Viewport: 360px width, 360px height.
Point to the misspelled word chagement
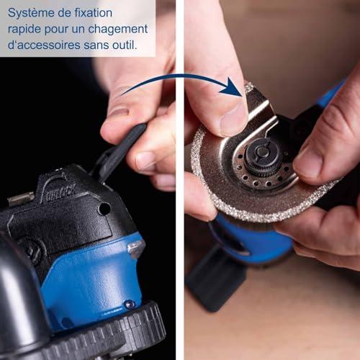[118, 30]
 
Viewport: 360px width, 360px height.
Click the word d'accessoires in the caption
[44, 45]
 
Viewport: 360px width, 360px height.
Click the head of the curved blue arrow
[231, 87]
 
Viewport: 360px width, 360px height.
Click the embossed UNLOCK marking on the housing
[60, 192]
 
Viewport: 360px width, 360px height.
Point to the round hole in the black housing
[104, 209]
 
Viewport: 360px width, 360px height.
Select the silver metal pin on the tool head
[21, 199]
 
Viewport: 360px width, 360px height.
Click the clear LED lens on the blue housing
[136, 248]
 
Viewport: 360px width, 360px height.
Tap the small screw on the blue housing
[130, 304]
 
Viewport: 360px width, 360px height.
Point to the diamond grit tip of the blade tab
[249, 88]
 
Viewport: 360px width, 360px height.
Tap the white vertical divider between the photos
[180, 180]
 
